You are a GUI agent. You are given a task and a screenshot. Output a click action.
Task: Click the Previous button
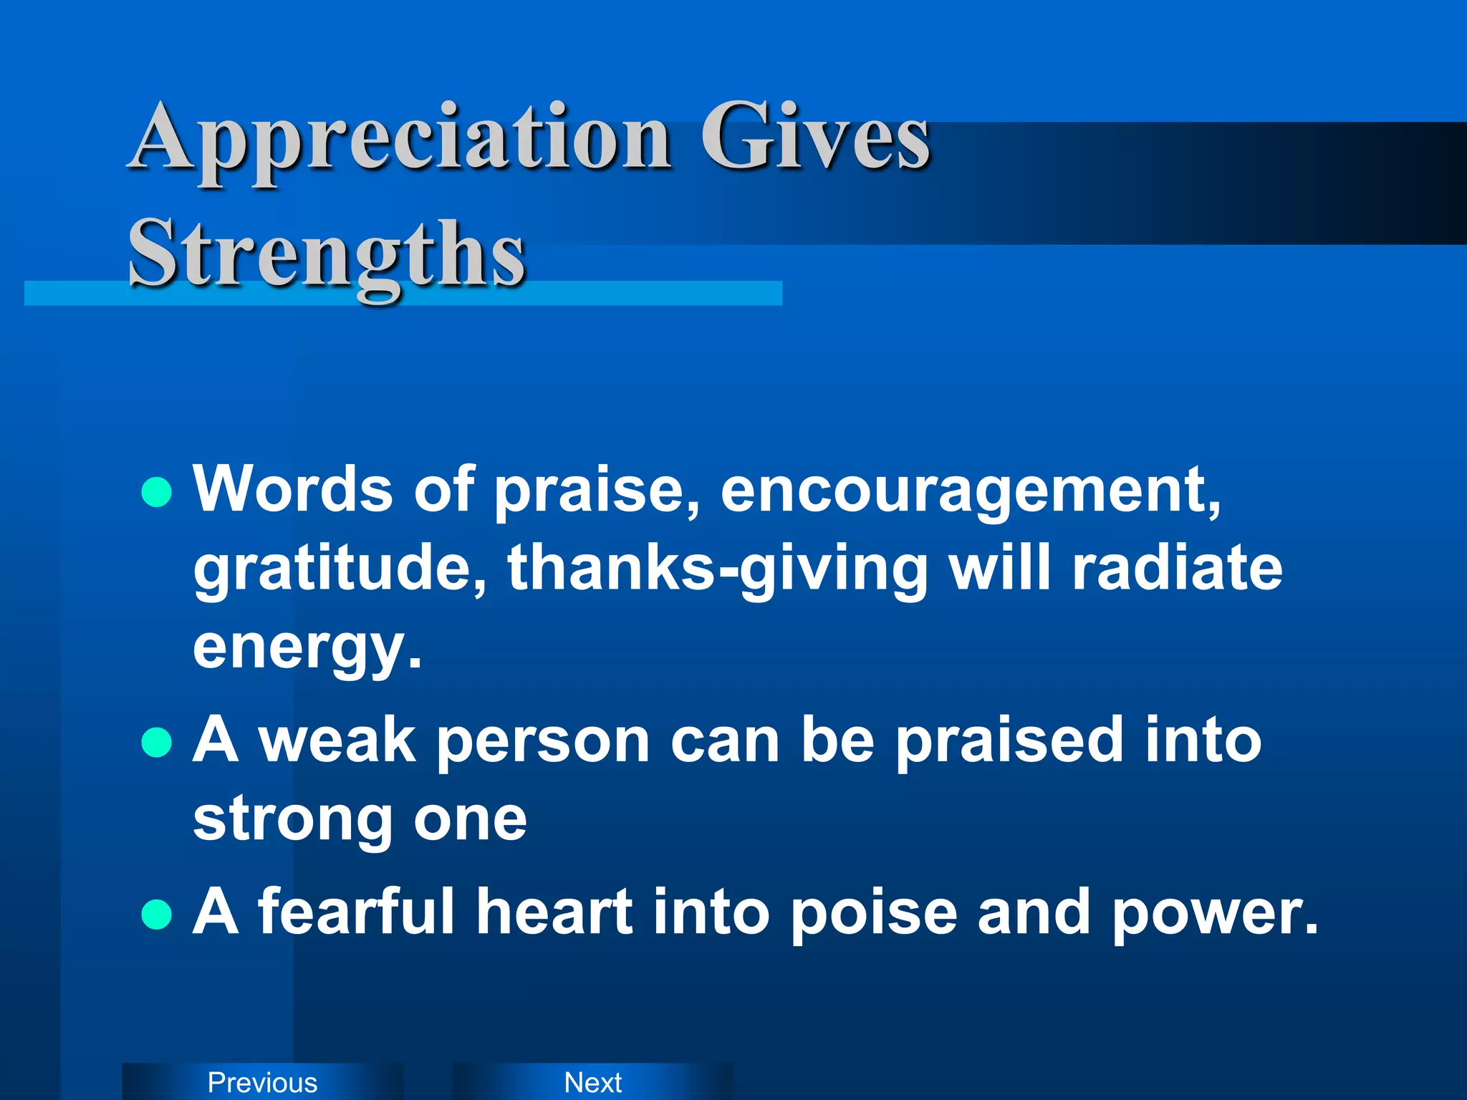coord(262,1082)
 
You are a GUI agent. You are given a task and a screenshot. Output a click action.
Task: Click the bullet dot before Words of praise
coord(157,493)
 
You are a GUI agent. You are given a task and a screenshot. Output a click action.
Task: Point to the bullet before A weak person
coord(157,743)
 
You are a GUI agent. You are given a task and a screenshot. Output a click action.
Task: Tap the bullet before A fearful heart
coord(157,914)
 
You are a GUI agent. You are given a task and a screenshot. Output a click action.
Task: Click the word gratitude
coord(341,569)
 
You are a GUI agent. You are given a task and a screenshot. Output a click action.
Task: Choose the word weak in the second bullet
coord(337,740)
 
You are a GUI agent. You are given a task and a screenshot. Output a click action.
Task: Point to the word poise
coord(874,913)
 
